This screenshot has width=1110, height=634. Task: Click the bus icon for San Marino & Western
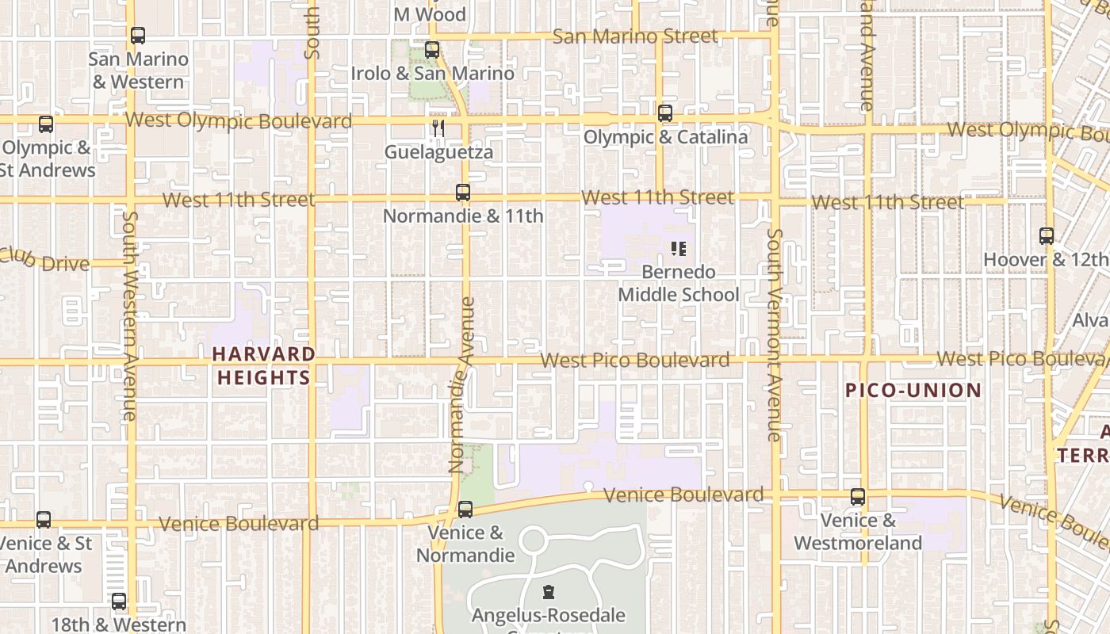tap(138, 36)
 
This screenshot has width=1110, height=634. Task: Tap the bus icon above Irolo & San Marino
tap(432, 50)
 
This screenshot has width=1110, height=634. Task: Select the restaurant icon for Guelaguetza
tap(438, 128)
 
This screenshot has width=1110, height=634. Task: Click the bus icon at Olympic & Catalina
tap(665, 113)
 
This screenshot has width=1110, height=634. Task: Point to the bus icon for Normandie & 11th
tap(463, 193)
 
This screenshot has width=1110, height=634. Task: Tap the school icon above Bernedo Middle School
tap(679, 249)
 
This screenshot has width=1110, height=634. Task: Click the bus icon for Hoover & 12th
tap(1047, 236)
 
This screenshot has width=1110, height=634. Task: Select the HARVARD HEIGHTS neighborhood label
tap(263, 365)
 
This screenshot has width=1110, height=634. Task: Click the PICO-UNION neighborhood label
tap(913, 390)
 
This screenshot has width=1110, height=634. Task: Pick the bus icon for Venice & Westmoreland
tap(858, 497)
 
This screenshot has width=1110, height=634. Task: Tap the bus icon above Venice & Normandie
tap(465, 510)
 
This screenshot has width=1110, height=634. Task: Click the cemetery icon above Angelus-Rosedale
tap(548, 592)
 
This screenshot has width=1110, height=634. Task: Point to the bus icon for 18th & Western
tap(119, 602)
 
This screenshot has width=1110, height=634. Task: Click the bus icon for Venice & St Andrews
tap(44, 520)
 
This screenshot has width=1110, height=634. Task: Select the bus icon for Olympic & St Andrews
tap(46, 124)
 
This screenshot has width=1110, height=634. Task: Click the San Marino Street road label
tap(635, 36)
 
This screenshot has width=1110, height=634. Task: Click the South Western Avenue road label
tap(130, 315)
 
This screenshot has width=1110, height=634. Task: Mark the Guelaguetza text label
tap(439, 152)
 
